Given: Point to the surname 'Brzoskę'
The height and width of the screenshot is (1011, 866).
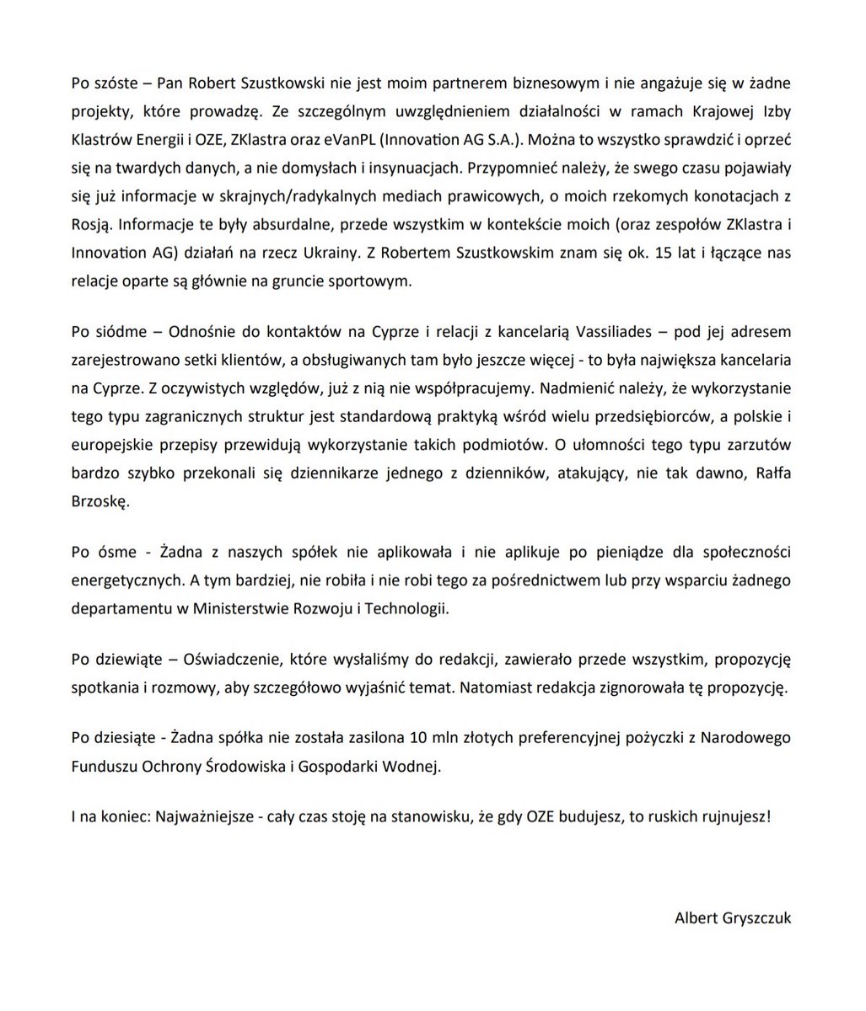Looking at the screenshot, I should [x=100, y=500].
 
